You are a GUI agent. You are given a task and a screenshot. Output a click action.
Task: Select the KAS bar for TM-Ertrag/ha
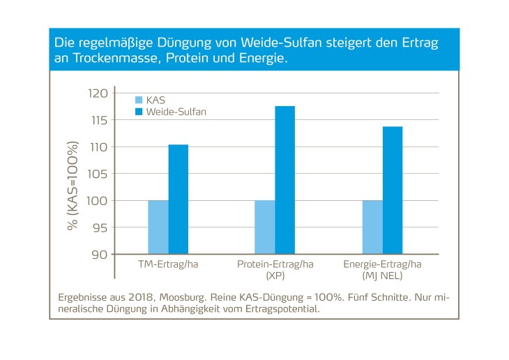[x=158, y=227]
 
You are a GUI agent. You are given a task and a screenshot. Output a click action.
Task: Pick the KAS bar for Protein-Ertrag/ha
[x=265, y=227]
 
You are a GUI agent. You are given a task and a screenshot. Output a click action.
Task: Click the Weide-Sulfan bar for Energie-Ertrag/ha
[x=392, y=190]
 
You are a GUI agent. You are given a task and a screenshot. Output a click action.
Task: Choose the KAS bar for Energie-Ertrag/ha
[x=372, y=227]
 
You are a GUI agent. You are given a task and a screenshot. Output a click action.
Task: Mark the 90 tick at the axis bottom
[x=99, y=254]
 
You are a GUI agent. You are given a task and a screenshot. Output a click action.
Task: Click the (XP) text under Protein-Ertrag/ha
[x=275, y=276]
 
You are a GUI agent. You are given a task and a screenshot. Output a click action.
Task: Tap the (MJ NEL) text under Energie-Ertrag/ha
[x=381, y=276]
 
